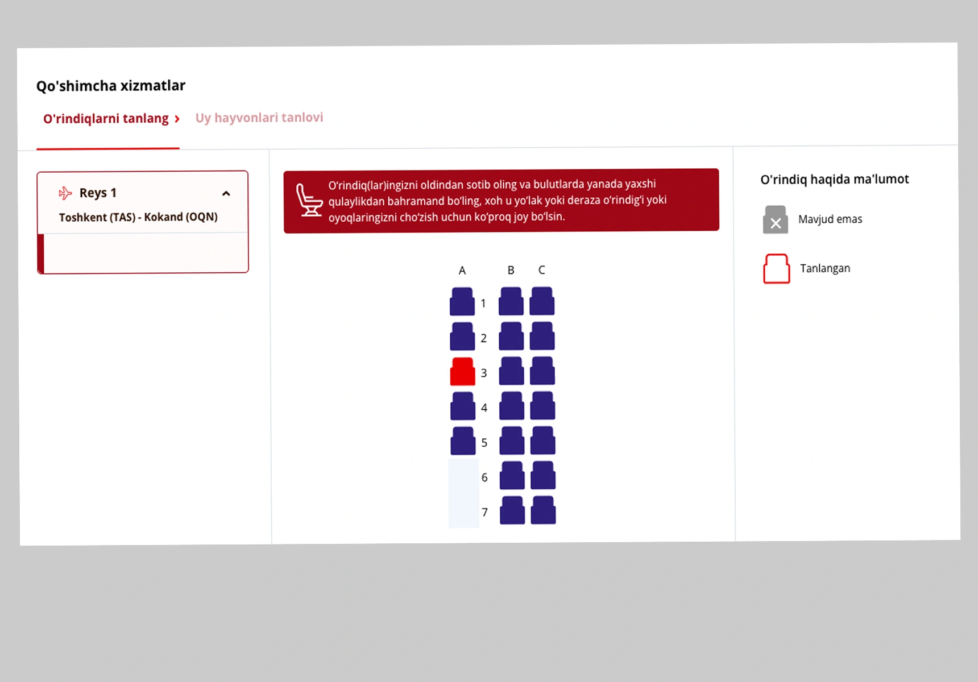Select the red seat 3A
click(462, 372)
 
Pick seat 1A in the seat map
click(462, 301)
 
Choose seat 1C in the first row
click(542, 301)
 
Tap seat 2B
click(511, 336)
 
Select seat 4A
click(463, 406)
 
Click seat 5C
click(543, 440)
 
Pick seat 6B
click(512, 475)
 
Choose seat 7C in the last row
click(544, 510)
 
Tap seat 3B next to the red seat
click(512, 371)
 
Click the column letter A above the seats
click(462, 271)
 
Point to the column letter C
click(542, 270)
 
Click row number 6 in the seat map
click(484, 477)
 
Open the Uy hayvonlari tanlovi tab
click(259, 118)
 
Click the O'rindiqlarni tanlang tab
click(106, 119)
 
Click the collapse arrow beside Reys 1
click(226, 194)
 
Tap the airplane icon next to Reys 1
click(65, 193)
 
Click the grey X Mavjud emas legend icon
click(776, 220)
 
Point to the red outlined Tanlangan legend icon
click(777, 269)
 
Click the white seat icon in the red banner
click(309, 200)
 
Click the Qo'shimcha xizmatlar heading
click(111, 86)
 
